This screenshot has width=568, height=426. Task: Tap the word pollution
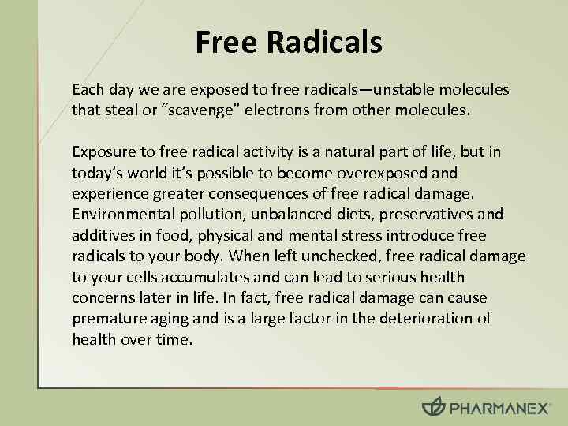(196, 215)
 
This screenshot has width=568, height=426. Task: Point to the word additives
(101, 235)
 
